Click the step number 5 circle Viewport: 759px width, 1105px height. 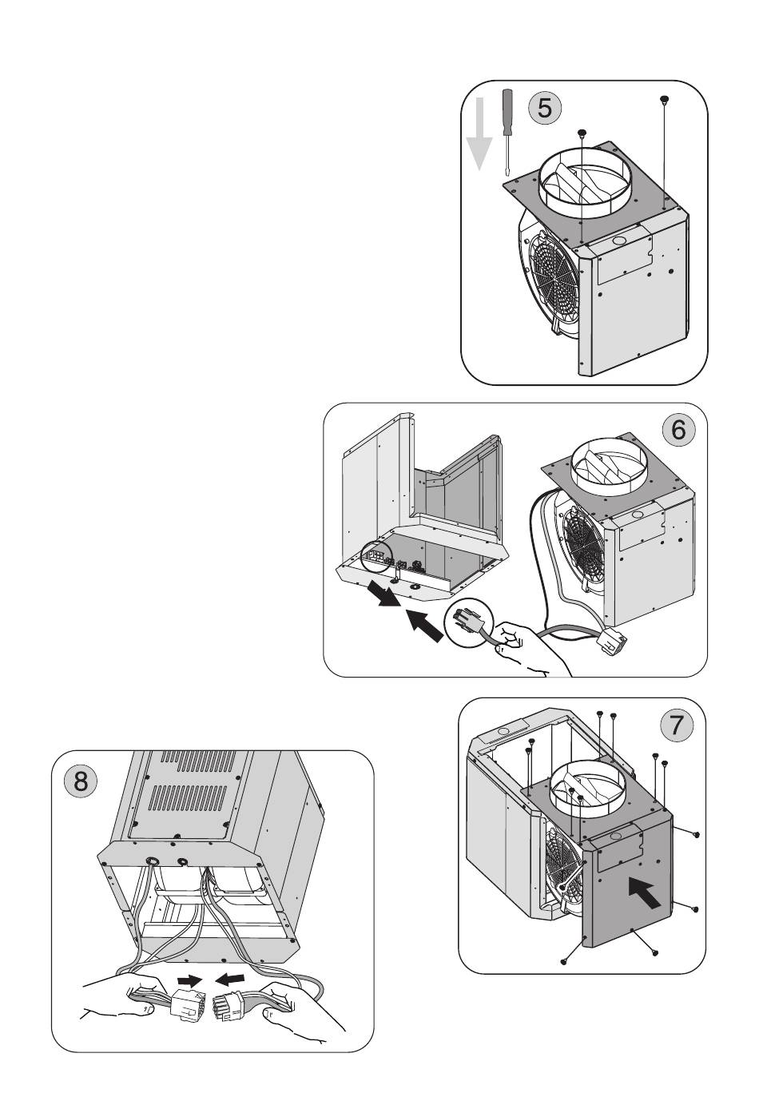tap(543, 107)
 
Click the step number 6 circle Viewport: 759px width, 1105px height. tap(678, 429)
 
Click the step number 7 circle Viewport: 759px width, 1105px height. tap(676, 726)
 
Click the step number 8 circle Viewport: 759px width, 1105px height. tap(81, 781)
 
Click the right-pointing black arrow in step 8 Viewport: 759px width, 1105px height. tap(189, 980)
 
